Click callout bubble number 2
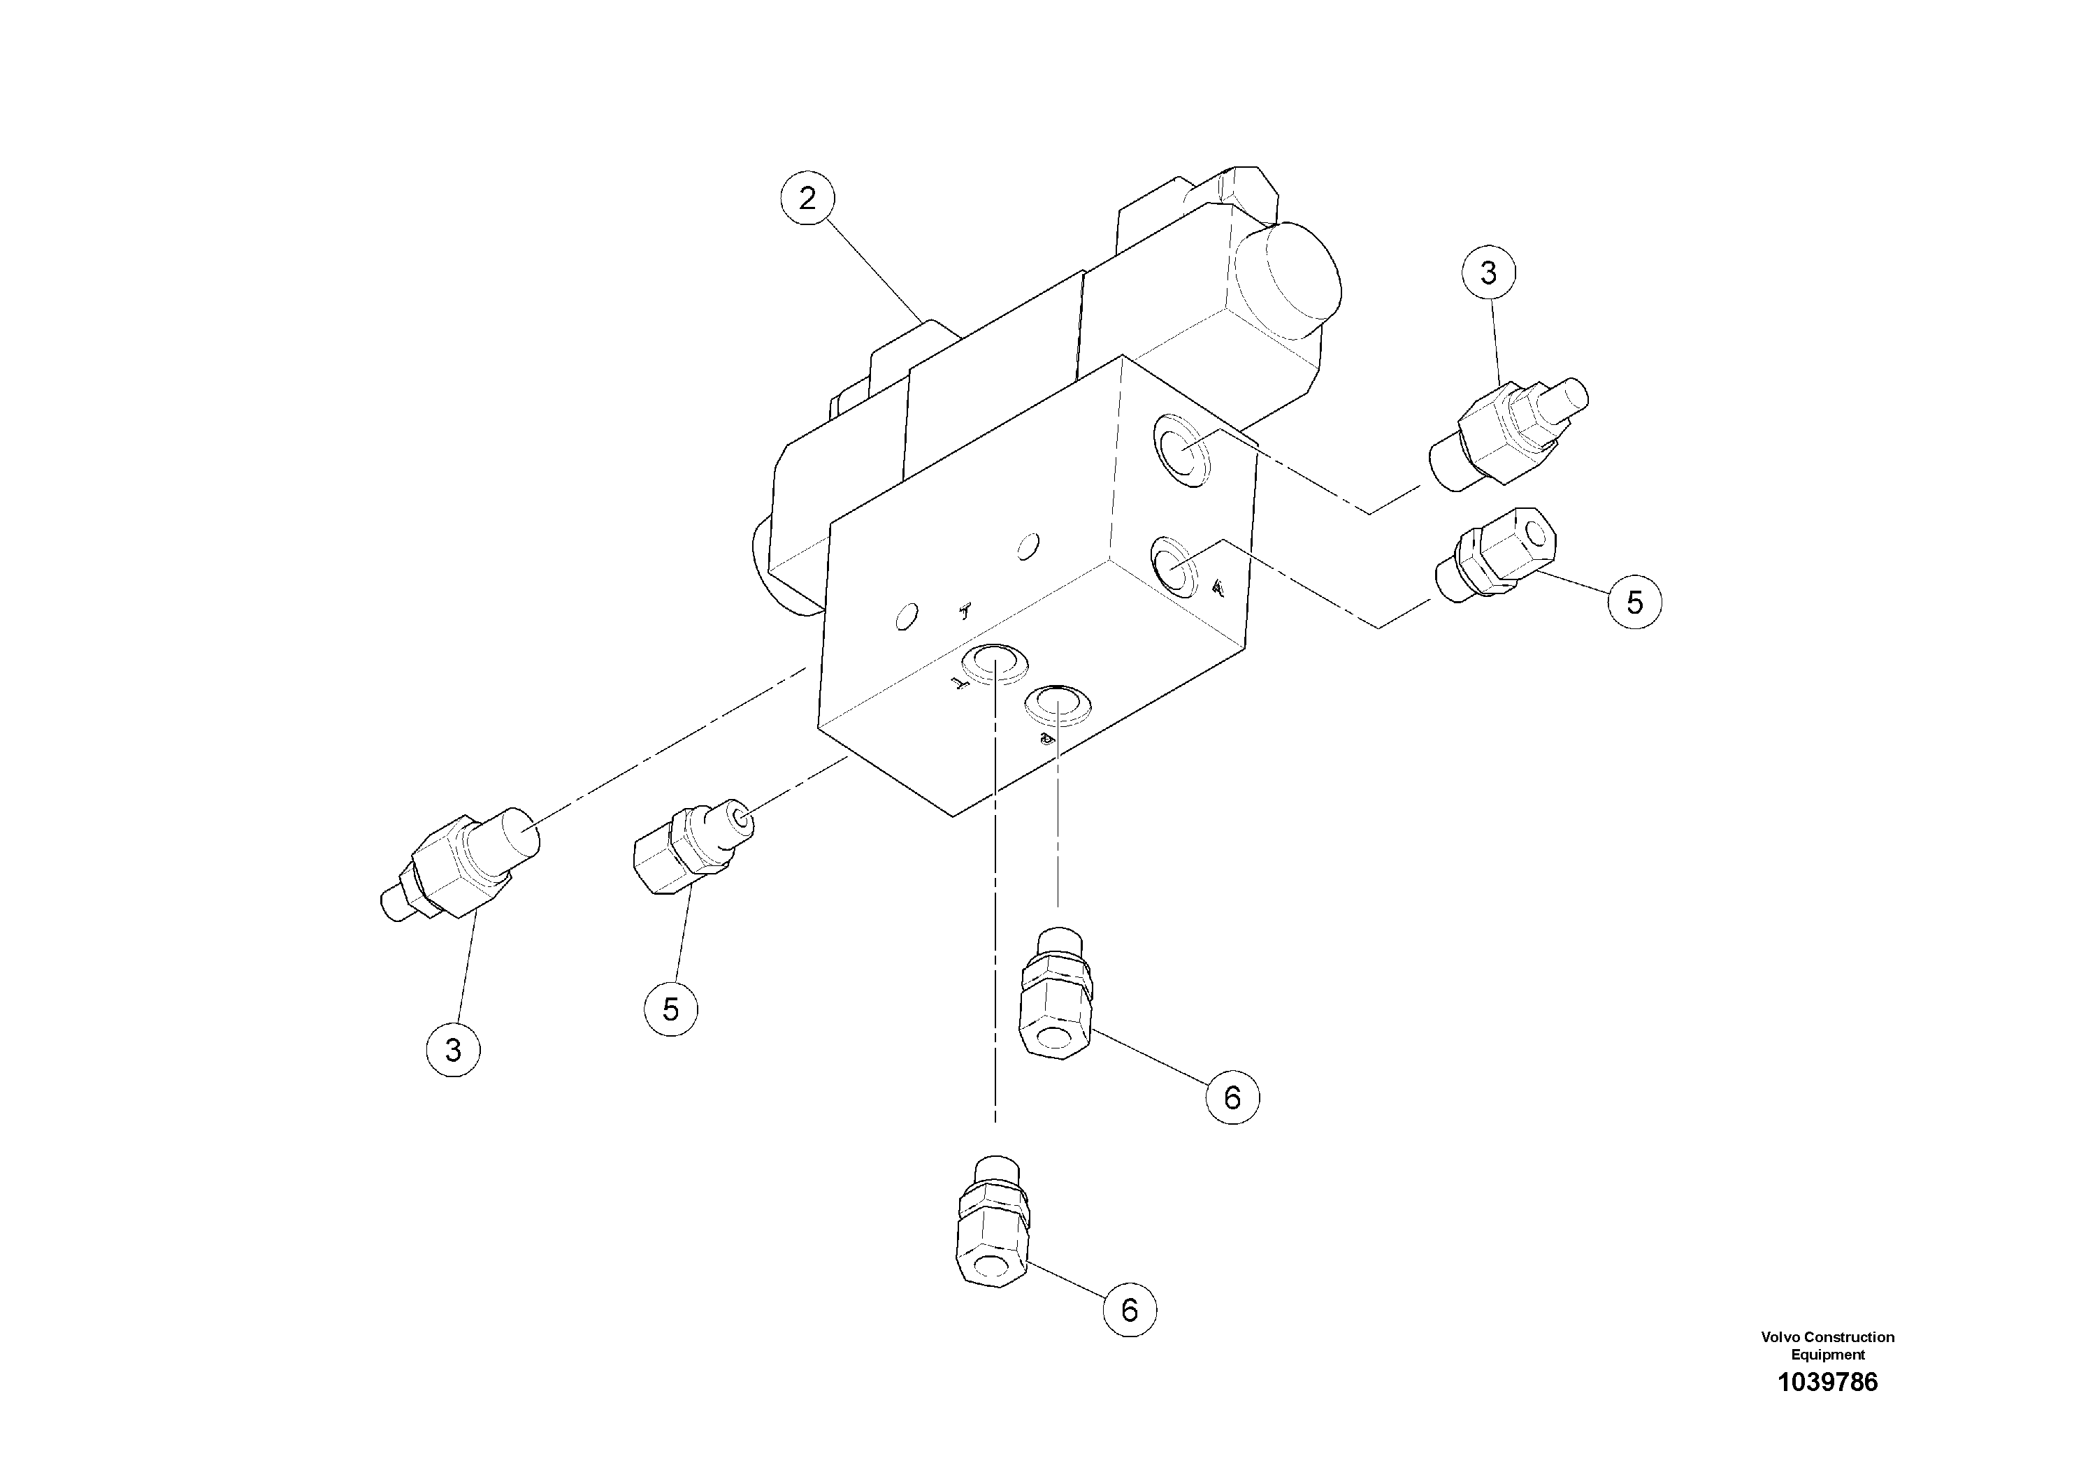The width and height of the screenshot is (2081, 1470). (807, 199)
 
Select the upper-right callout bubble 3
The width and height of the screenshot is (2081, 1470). (1488, 272)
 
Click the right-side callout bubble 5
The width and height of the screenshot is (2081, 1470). (1634, 603)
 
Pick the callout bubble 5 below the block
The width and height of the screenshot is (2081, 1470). (670, 1009)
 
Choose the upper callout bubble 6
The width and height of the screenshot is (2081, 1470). (1232, 1097)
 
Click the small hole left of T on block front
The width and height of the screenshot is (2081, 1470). (905, 619)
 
